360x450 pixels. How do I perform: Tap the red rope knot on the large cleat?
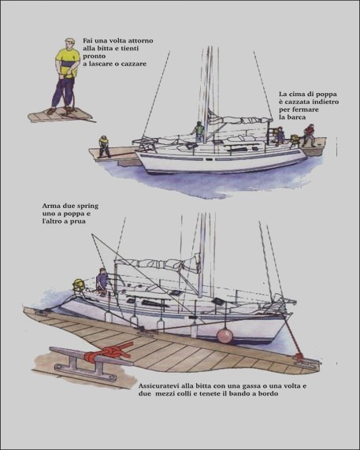click(109, 353)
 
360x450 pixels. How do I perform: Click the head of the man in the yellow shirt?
click(69, 43)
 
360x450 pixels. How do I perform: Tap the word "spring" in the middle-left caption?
click(87, 206)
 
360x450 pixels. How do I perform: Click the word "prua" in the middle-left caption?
click(78, 221)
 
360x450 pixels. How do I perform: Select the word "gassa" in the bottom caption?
click(251, 386)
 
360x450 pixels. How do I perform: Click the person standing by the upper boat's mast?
click(198, 131)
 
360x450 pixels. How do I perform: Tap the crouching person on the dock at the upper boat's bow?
click(104, 147)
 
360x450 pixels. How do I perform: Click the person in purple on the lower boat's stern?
click(102, 282)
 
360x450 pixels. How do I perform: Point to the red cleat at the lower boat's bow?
click(298, 358)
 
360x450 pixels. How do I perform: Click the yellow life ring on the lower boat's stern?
click(79, 285)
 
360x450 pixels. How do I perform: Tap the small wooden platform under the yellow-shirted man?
click(61, 115)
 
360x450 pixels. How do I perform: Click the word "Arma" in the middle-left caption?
click(50, 206)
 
